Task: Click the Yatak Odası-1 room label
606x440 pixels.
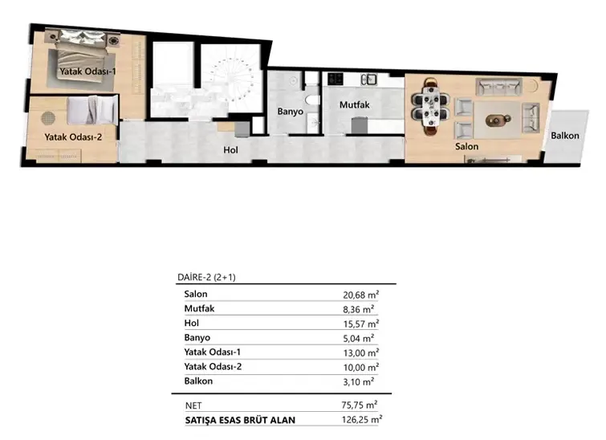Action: pos(87,71)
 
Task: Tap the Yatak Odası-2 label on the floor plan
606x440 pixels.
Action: pos(73,137)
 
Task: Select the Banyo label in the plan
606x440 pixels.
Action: pos(291,112)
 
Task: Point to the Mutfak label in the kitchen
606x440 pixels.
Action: pos(355,104)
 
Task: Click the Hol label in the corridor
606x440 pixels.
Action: pos(230,150)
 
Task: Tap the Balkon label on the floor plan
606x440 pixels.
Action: pos(564,136)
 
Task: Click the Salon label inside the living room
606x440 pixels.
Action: pos(466,147)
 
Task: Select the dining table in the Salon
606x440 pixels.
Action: pos(430,106)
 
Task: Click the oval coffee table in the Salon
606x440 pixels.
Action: pos(498,120)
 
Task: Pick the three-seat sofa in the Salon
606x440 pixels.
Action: pos(498,87)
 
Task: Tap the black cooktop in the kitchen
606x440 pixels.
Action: pos(335,79)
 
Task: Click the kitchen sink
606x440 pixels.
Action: pos(368,79)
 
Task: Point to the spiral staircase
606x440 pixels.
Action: pos(231,80)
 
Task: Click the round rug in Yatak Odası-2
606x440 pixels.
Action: pos(48,118)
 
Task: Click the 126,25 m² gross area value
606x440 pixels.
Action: pos(362,419)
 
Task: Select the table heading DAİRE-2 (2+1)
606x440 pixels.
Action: pos(206,277)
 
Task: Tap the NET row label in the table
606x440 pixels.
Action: pos(193,405)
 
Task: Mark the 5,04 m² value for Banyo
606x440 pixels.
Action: pos(358,338)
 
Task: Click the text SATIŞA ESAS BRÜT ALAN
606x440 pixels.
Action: pos(240,420)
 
